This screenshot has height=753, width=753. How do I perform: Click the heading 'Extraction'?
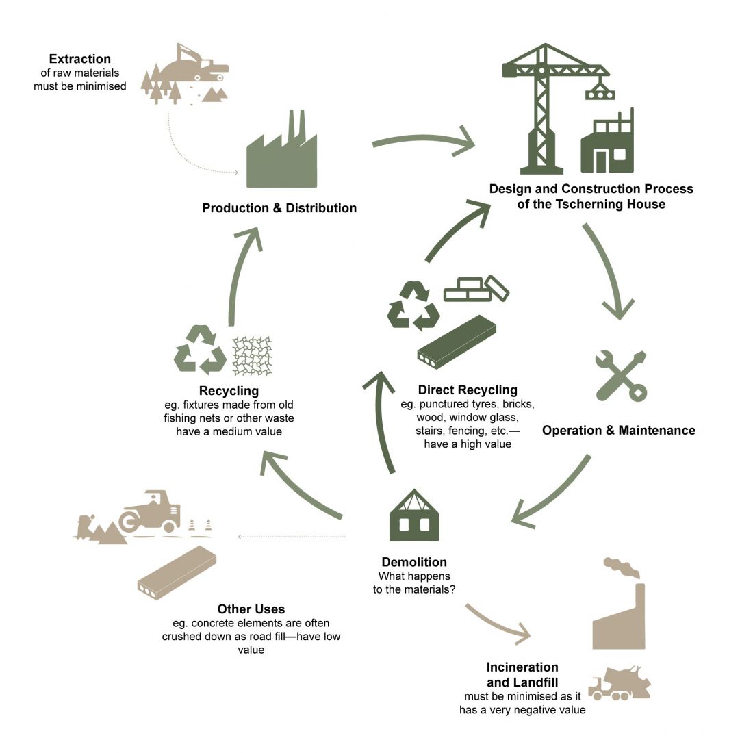pos(79,59)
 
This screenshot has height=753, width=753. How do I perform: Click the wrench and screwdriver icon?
pos(620,376)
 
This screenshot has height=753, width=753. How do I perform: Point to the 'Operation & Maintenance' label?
pos(619,431)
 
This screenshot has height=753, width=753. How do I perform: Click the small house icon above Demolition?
pos(414,515)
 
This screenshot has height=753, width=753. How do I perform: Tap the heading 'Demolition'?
pos(414,562)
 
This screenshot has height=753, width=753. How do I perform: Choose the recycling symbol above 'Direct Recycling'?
pos(413,306)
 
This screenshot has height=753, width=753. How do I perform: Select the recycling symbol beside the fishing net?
pos(200,350)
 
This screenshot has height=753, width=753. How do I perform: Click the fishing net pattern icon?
pos(252,356)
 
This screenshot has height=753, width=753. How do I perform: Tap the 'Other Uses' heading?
pos(251,609)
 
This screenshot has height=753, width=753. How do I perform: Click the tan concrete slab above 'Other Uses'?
pos(177,572)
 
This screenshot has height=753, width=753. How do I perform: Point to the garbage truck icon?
pos(620,683)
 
